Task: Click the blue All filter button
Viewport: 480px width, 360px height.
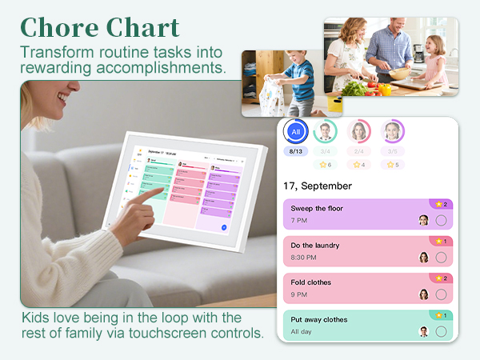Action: click(296, 131)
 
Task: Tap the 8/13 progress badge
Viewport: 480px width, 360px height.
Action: click(296, 150)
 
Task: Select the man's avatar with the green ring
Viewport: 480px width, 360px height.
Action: click(325, 131)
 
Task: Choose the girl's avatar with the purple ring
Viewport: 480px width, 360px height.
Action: click(392, 131)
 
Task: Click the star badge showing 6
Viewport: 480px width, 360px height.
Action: click(325, 165)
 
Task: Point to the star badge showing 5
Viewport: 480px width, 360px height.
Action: click(392, 165)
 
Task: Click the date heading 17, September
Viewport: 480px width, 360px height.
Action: click(318, 186)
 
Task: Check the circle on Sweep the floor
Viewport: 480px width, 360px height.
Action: click(441, 220)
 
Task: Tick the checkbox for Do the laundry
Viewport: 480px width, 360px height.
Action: click(441, 258)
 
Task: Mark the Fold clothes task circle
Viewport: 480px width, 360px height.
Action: click(441, 294)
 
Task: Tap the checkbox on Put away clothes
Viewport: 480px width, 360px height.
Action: click(441, 331)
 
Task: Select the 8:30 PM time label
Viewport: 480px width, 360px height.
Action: click(303, 257)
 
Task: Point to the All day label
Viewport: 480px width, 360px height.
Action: click(302, 331)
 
